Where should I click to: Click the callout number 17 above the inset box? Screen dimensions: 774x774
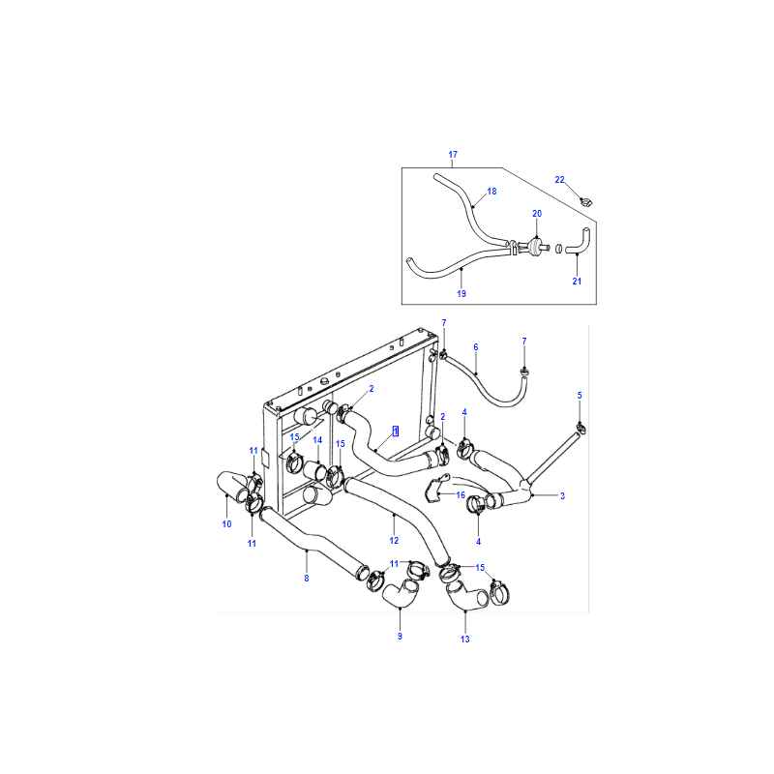coord(453,155)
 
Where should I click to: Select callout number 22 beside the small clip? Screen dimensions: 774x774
coord(559,180)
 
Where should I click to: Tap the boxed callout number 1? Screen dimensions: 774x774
coord(396,432)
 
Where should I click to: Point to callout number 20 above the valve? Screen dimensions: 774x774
coord(537,214)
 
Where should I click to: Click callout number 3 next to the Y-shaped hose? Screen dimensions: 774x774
coord(562,495)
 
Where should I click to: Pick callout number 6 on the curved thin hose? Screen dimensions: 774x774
coord(476,347)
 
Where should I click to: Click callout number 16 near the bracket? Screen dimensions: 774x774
coord(461,495)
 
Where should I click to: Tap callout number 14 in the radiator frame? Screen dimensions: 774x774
coord(317,440)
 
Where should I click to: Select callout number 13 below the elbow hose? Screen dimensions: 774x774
coord(465,640)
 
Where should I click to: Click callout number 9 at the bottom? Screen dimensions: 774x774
coord(400,637)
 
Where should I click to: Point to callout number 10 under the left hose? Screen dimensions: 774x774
coord(226,524)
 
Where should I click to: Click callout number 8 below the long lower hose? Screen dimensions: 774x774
coord(307,578)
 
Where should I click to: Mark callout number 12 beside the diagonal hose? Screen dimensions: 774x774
coord(394,541)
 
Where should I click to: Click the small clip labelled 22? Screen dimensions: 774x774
coord(586,201)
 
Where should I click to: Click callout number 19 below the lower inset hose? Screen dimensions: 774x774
coord(461,294)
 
